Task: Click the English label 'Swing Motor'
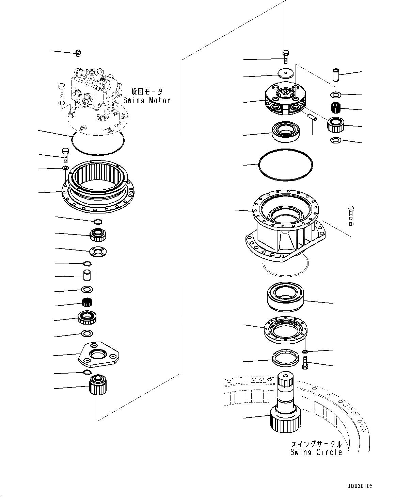[x=146, y=100]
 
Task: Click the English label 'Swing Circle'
[x=316, y=452]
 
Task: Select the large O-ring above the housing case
[x=285, y=164]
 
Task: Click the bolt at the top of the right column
[x=285, y=56]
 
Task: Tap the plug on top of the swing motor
[x=78, y=53]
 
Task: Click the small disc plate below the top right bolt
[x=286, y=73]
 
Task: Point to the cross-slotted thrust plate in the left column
[x=98, y=252]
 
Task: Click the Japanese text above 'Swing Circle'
[x=316, y=444]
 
